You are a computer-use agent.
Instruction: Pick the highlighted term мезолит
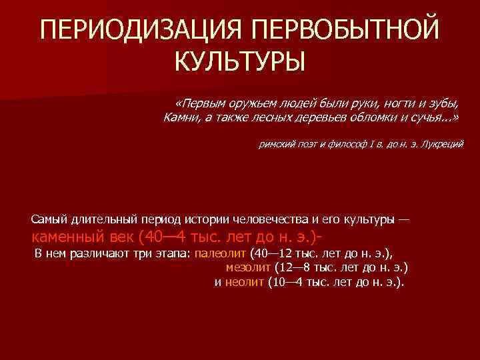tap(247, 267)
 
